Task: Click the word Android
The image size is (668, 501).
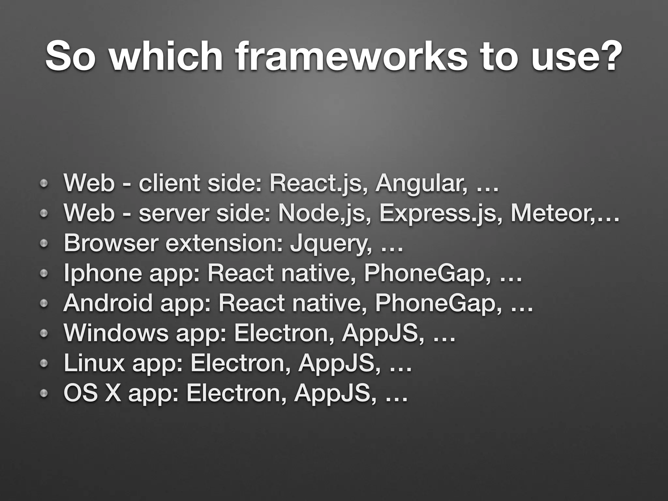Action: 108,303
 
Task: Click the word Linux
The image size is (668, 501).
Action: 95,363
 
